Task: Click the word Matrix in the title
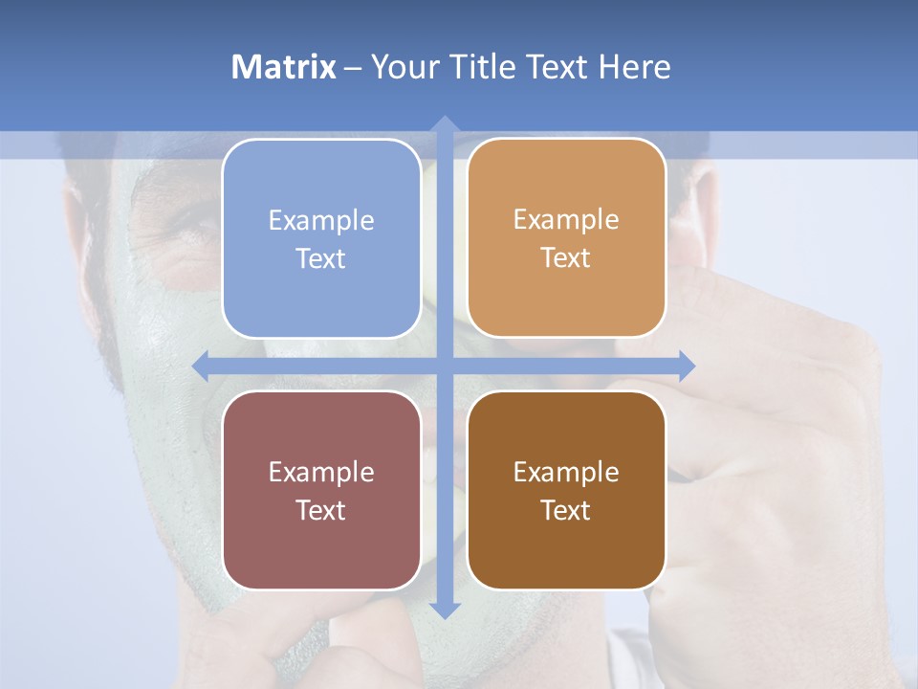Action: pyautogui.click(x=284, y=67)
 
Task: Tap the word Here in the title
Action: pyautogui.click(x=635, y=67)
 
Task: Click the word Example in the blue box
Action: pyautogui.click(x=321, y=220)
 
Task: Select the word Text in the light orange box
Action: pyautogui.click(x=566, y=258)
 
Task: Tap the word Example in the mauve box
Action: pyautogui.click(x=321, y=472)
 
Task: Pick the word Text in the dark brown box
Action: pyautogui.click(x=566, y=510)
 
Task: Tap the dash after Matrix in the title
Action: pyautogui.click(x=353, y=68)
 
